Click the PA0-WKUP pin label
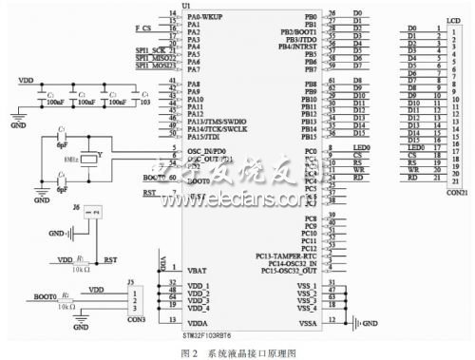pyautogui.click(x=205, y=17)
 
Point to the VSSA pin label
pyautogui.click(x=306, y=322)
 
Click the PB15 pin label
pyautogui.click(x=309, y=137)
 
